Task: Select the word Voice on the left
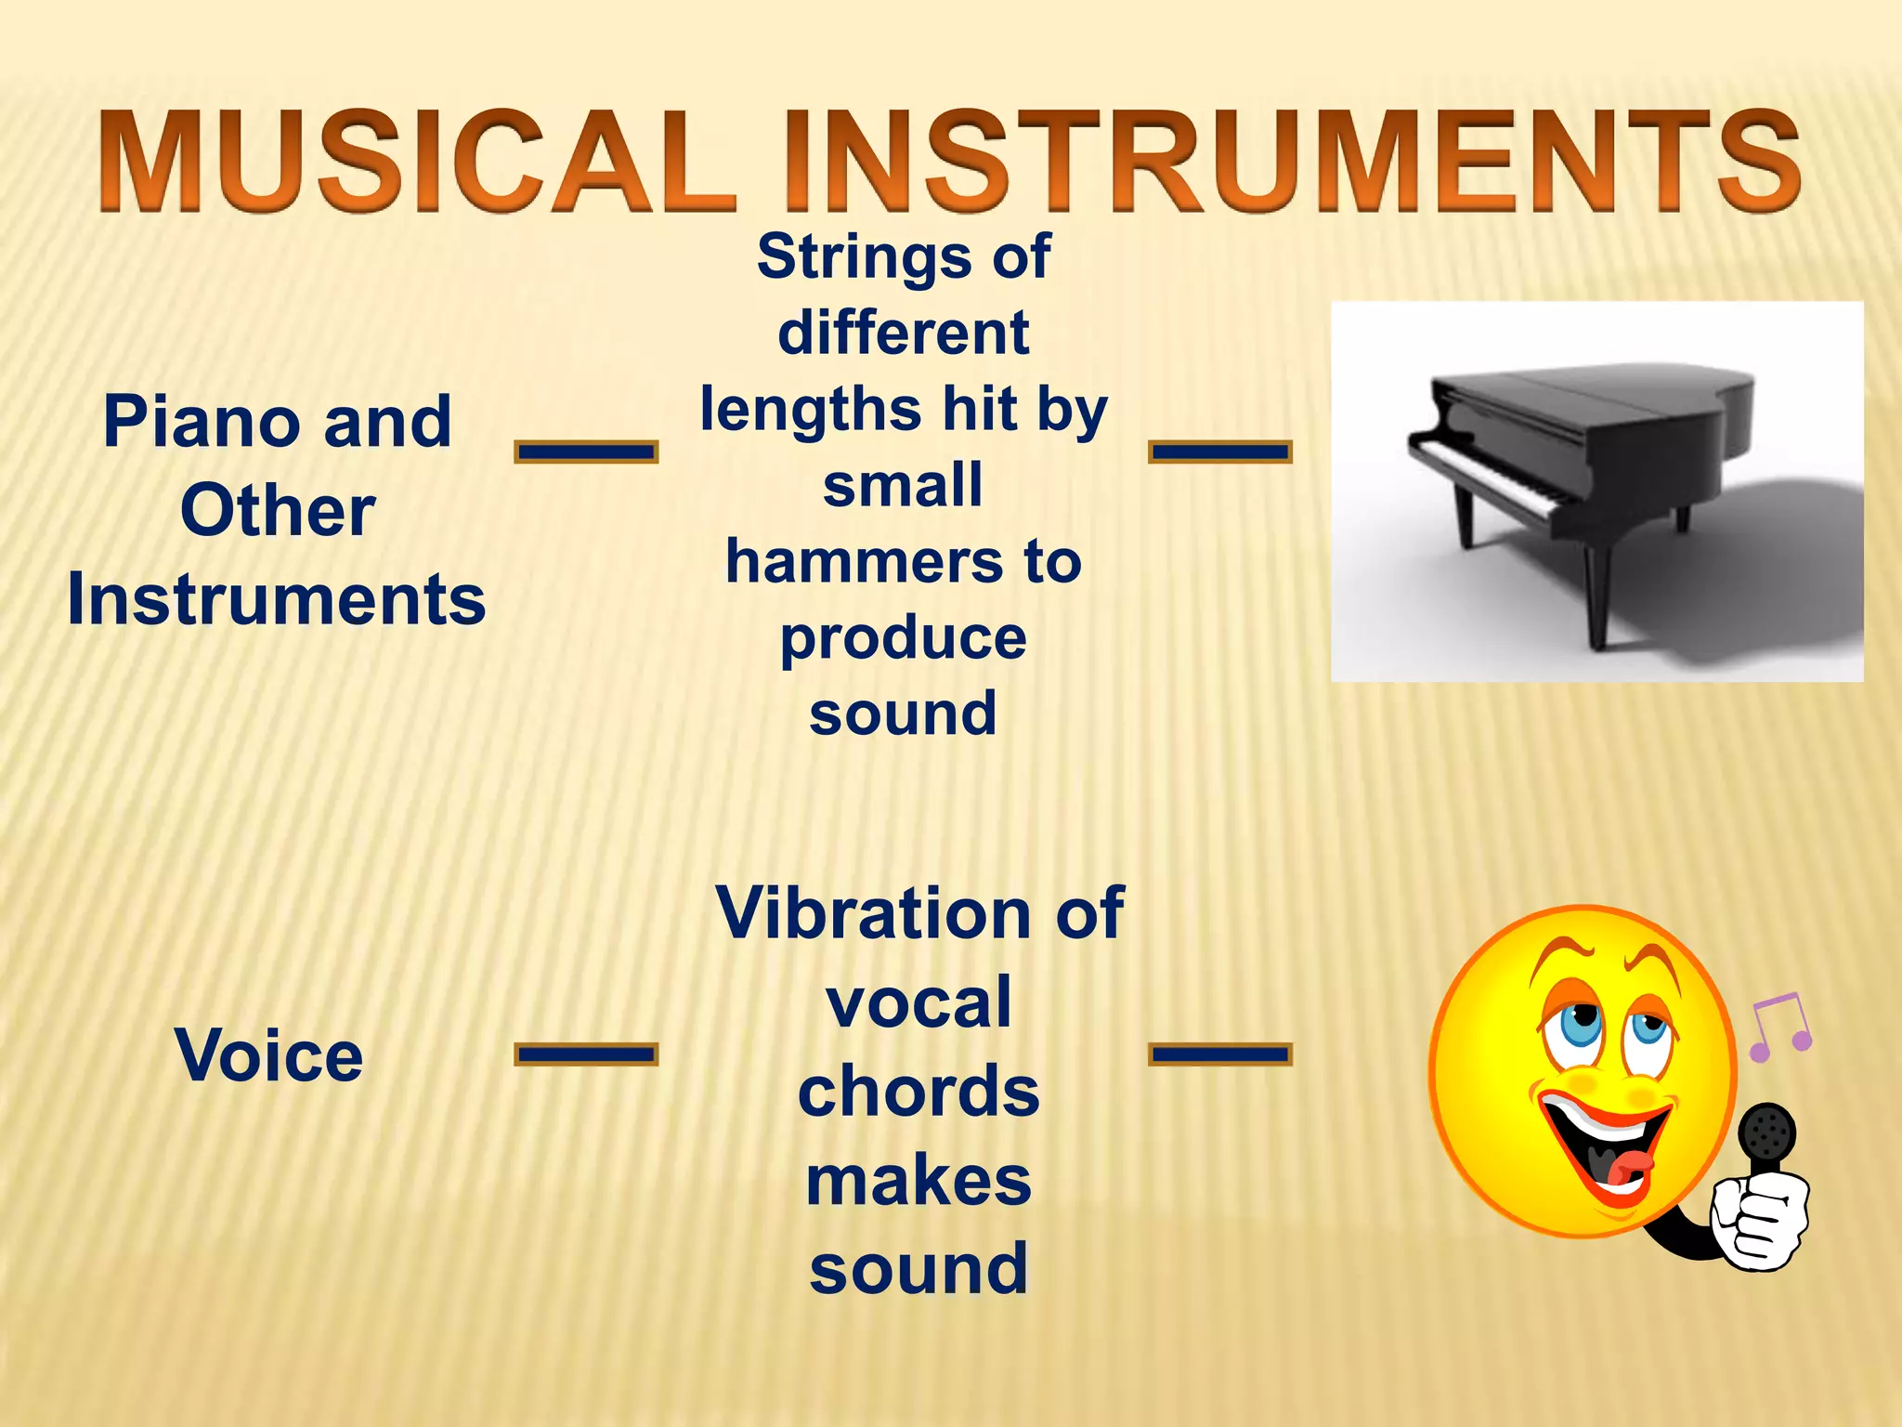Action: click(269, 1056)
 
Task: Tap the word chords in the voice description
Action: click(918, 1092)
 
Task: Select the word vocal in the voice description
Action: click(918, 1003)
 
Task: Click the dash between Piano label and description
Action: click(586, 452)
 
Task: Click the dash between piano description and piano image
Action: click(1220, 452)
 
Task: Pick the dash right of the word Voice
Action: click(586, 1054)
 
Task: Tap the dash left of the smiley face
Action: click(1220, 1054)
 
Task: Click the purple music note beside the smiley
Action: click(1780, 1027)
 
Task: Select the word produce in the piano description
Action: click(903, 639)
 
